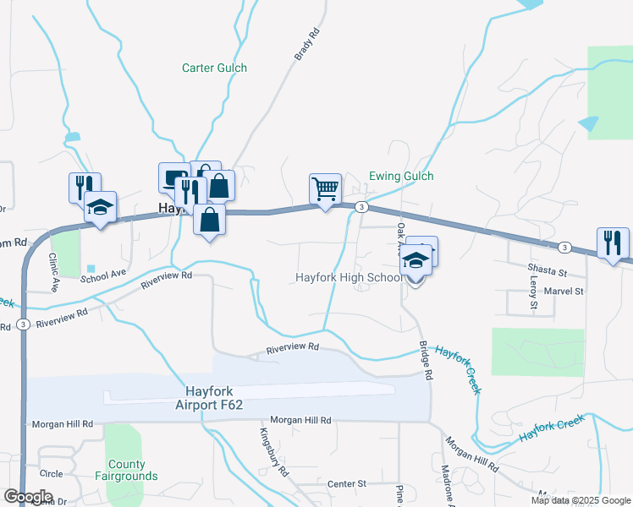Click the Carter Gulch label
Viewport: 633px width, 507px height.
215,68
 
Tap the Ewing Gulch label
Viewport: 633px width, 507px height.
401,176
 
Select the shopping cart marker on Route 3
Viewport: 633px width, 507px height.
325,188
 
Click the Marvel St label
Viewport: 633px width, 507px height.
565,291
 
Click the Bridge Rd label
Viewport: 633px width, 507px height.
426,360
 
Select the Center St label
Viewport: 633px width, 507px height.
346,483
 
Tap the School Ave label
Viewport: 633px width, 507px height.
104,273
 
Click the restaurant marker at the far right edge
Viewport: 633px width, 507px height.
612,243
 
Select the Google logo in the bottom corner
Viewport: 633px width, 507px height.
28,496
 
